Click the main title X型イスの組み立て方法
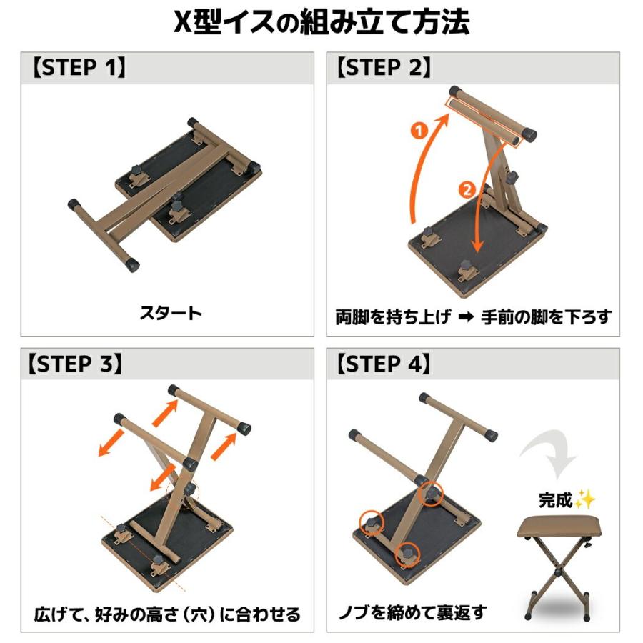321,23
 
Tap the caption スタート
171,312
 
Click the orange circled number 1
419,131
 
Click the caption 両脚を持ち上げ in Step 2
393,316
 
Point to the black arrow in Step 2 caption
467,316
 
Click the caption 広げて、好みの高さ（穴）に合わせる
167,614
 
